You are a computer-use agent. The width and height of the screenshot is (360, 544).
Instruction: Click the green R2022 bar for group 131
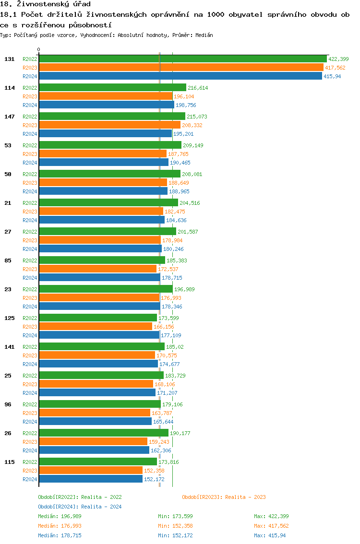[182, 59]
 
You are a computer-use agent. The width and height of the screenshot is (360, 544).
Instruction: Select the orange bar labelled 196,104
[106, 96]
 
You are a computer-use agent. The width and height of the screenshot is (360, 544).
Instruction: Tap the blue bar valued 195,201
[105, 134]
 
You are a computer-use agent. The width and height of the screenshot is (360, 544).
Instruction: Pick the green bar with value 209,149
[110, 145]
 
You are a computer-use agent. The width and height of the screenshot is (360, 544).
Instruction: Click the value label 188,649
[178, 183]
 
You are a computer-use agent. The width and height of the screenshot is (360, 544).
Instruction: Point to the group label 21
[8, 203]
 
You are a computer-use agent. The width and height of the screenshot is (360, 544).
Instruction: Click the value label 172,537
[168, 269]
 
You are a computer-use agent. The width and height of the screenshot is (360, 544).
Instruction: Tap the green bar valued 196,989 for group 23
[106, 289]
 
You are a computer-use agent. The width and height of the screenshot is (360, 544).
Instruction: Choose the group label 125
[10, 318]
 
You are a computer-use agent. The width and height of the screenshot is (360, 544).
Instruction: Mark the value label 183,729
[175, 376]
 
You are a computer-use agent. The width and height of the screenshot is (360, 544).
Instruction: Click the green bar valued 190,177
[104, 433]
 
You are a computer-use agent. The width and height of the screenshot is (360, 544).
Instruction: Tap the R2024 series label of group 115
[30, 479]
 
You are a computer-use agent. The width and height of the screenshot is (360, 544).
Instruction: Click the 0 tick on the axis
[39, 49]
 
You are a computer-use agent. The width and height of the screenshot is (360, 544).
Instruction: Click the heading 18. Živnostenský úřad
[45, 4]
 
